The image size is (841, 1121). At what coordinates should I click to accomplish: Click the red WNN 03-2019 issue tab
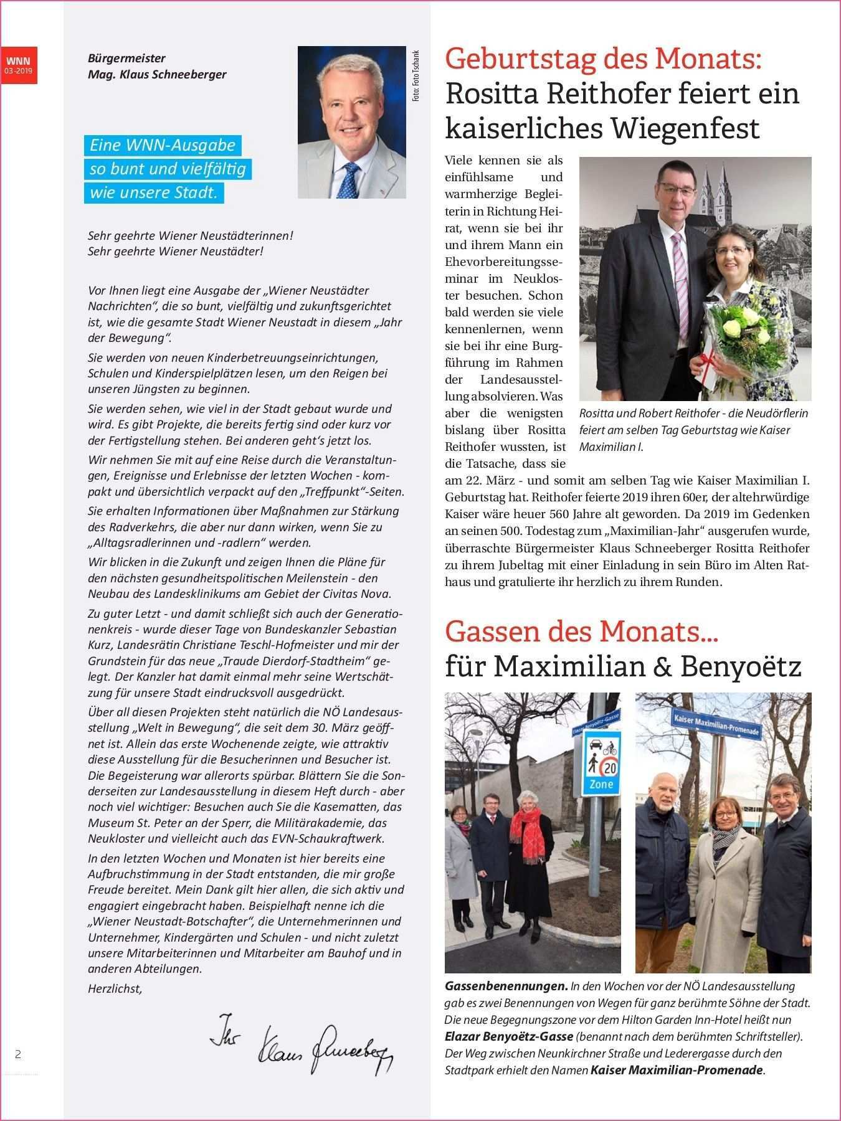[19, 65]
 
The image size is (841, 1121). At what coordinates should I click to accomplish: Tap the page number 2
[18, 1054]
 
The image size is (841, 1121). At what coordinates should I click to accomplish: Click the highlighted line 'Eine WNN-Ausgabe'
[163, 145]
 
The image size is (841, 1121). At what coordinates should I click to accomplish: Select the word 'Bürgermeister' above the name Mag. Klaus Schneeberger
[126, 59]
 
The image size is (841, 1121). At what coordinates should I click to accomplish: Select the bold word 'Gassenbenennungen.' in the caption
[506, 986]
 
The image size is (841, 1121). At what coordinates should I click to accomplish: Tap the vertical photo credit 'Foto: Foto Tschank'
[416, 75]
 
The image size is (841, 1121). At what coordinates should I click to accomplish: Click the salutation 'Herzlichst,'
[115, 988]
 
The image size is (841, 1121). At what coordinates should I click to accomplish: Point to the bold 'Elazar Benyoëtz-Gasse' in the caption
[509, 1037]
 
